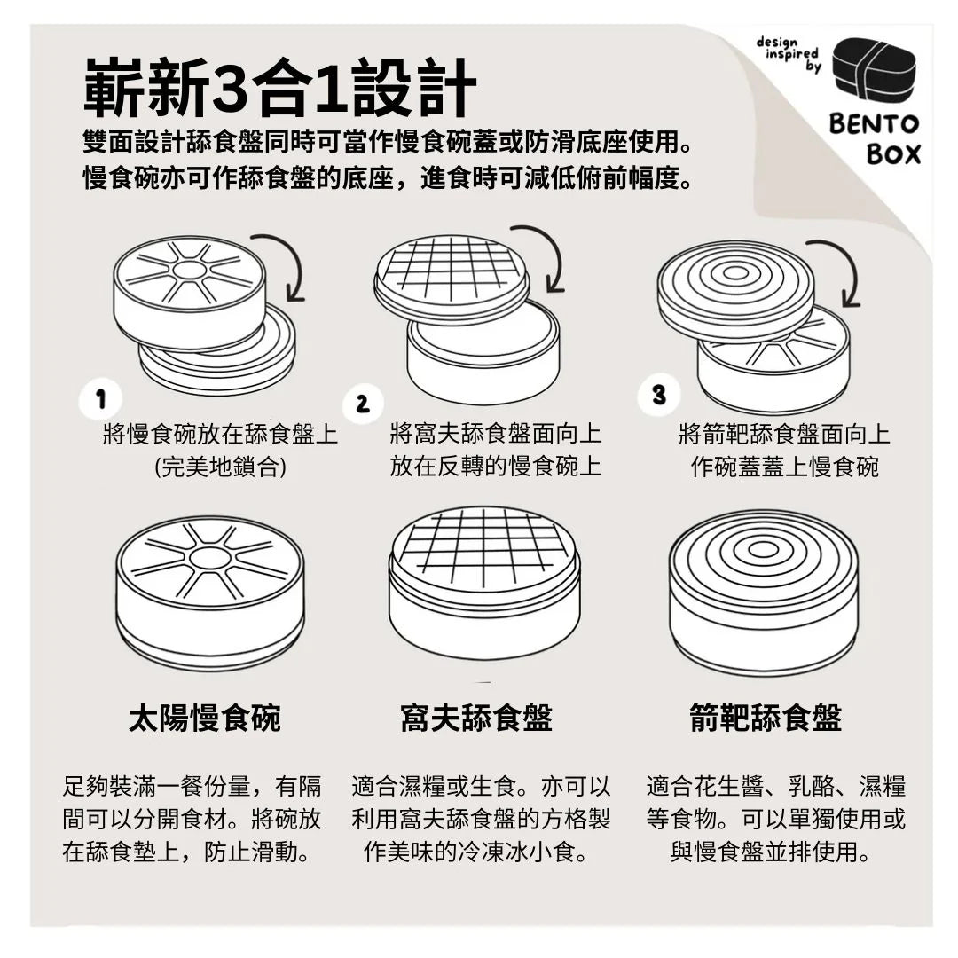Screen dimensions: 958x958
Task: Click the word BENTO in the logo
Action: point(874,124)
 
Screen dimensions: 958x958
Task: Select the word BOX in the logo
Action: point(893,154)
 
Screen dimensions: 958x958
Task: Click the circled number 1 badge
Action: point(101,399)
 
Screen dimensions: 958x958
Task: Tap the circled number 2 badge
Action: point(362,404)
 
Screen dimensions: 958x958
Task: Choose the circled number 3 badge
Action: point(658,394)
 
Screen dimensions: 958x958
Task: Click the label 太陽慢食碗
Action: point(205,718)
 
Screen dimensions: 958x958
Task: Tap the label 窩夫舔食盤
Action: point(476,718)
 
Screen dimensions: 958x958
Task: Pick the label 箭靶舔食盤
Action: point(766,718)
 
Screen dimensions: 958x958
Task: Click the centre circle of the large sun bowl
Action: point(210,557)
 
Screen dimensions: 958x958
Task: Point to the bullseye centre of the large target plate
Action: point(763,549)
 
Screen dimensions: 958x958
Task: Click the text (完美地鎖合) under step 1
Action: point(221,468)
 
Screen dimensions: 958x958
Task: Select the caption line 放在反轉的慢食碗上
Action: point(496,467)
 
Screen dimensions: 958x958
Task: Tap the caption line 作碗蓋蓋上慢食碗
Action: point(784,467)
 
